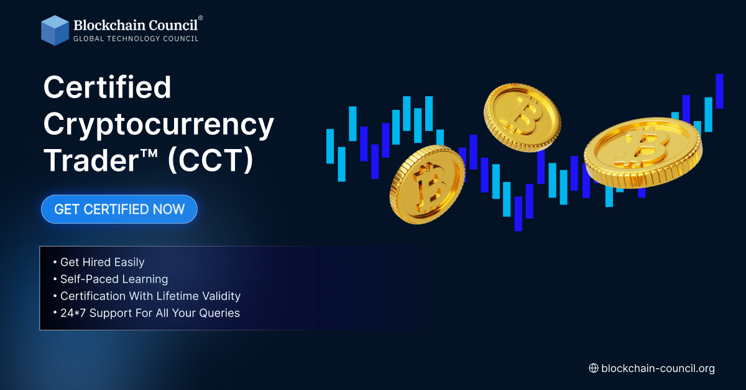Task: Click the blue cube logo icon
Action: [x=55, y=30]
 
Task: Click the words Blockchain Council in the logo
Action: [x=136, y=25]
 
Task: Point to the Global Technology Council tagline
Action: [x=136, y=39]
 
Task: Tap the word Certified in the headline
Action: [x=107, y=87]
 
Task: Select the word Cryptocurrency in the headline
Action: [x=159, y=125]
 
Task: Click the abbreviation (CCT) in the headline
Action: [x=211, y=160]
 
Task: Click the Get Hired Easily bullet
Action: [x=99, y=262]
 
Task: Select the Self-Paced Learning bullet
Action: [x=111, y=279]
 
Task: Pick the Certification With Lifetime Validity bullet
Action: [x=147, y=296]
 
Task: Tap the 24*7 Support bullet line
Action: [x=147, y=313]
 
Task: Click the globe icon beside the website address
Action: [x=594, y=368]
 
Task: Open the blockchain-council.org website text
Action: [x=658, y=368]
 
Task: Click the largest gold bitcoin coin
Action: [x=643, y=153]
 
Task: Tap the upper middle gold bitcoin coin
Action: [x=522, y=117]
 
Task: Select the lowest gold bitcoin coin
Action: [x=427, y=184]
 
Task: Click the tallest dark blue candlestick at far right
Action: [x=719, y=91]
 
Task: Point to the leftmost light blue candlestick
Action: [x=330, y=147]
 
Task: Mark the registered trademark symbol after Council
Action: [x=200, y=17]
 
